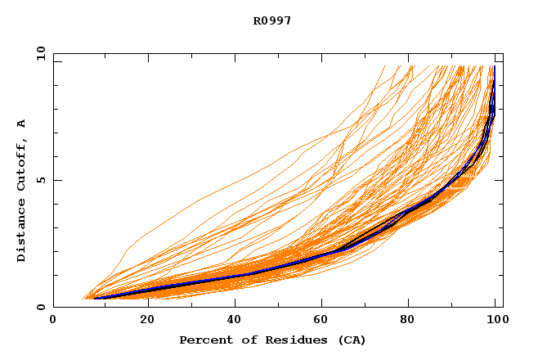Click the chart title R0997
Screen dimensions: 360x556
tap(272, 21)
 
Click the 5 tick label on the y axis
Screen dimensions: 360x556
tap(41, 180)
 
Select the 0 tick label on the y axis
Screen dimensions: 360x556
tap(41, 307)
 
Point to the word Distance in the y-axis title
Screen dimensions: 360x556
tap(22, 229)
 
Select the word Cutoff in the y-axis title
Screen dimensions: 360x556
tap(22, 160)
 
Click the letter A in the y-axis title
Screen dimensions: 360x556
tap(22, 124)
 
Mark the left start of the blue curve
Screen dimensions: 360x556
tap(95, 298)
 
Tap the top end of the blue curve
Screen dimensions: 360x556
tap(494, 67)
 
